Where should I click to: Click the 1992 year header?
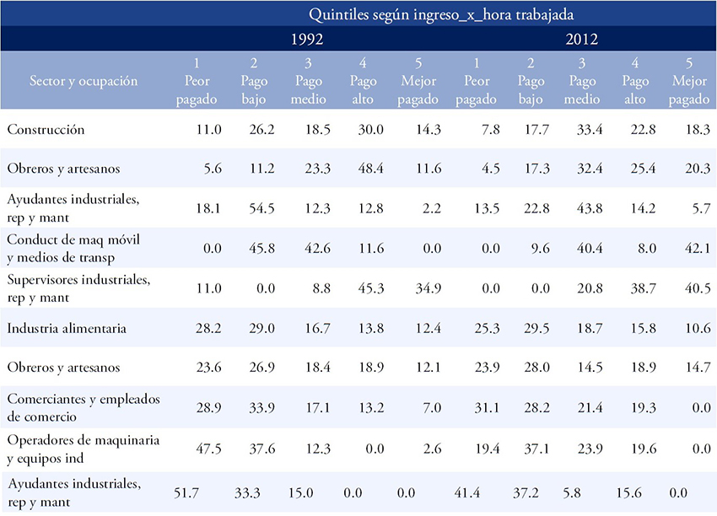click(307, 39)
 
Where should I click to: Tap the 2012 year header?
click(582, 39)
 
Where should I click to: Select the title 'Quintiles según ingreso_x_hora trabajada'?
click(441, 14)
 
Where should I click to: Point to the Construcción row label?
click(46, 129)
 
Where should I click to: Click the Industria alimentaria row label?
click(67, 328)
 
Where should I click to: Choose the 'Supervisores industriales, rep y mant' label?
click(78, 288)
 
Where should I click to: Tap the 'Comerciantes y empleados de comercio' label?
click(84, 407)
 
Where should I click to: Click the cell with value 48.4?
click(370, 169)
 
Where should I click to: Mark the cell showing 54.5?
click(261, 208)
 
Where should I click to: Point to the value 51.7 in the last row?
click(186, 492)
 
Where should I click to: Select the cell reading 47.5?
click(208, 449)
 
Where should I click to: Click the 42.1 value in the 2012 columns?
click(698, 248)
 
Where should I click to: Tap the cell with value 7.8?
click(490, 129)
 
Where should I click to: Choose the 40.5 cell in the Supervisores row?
click(698, 288)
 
